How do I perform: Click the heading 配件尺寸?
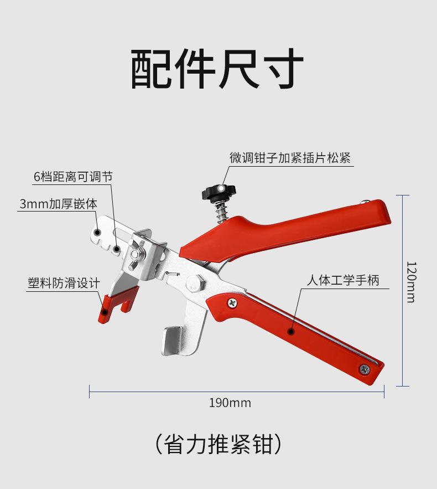pyautogui.click(x=217, y=69)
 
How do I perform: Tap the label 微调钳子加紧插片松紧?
pyautogui.click(x=290, y=158)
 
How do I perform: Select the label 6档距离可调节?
pyautogui.click(x=73, y=177)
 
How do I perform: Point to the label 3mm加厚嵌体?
pyautogui.click(x=58, y=203)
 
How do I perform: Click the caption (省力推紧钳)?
pyautogui.click(x=218, y=444)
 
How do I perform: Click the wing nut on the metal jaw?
pyautogui.click(x=136, y=254)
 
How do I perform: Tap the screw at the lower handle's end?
pyautogui.click(x=365, y=368)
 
